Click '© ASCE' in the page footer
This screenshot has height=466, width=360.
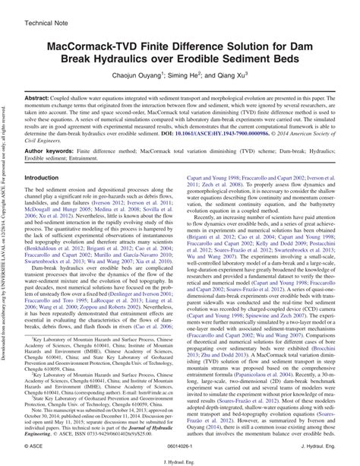pyautogui.click(x=37, y=440)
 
